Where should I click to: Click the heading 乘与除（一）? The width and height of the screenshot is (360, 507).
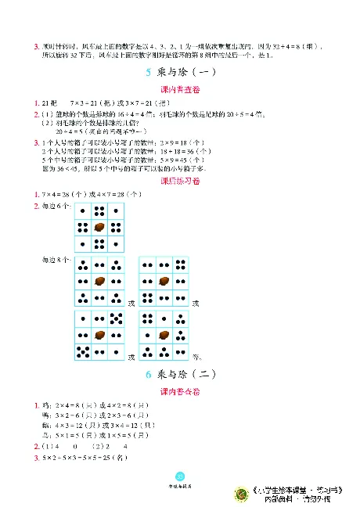(185, 73)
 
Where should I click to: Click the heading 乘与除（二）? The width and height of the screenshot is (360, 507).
(186, 375)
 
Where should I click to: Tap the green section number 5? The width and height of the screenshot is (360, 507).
(149, 73)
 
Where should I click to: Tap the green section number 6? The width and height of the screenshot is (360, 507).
(149, 375)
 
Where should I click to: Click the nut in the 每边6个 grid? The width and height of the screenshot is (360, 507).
(99, 227)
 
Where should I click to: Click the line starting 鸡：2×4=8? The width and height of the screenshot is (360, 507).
(93, 405)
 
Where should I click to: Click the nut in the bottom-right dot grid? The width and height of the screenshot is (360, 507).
(164, 335)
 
